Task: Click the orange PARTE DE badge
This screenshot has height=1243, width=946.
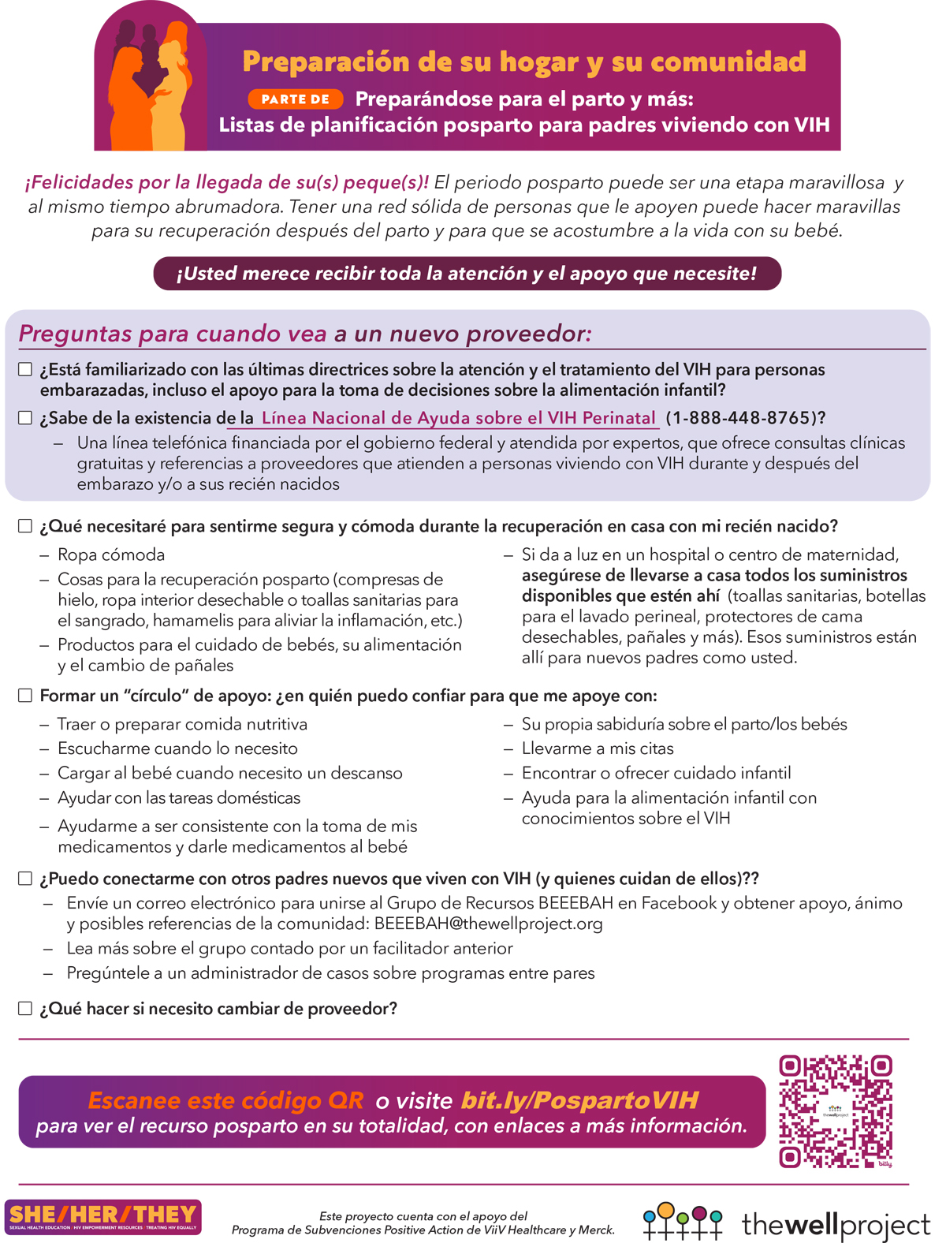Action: click(296, 99)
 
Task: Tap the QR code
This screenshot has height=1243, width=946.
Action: click(835, 1111)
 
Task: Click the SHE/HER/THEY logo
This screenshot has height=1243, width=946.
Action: click(102, 1217)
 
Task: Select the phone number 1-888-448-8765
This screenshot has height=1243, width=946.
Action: click(738, 418)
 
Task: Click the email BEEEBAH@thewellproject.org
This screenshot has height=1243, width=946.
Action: click(488, 924)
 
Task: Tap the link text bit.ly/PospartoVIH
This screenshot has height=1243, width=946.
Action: click(579, 1100)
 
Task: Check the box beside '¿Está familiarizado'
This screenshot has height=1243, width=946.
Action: click(25, 370)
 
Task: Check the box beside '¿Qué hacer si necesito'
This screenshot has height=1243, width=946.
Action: click(25, 1009)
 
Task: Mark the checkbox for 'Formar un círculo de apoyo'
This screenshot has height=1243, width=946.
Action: click(25, 696)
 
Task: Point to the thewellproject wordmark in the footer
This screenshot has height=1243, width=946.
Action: click(836, 1225)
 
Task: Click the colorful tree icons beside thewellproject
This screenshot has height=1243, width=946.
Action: click(683, 1222)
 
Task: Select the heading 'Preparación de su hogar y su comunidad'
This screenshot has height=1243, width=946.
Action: click(524, 62)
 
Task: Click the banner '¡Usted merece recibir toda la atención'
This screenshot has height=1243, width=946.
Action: click(467, 274)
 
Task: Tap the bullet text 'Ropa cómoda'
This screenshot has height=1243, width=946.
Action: click(111, 554)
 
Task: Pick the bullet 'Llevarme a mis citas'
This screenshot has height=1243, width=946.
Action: click(598, 748)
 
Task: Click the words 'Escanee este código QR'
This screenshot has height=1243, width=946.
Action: click(226, 1100)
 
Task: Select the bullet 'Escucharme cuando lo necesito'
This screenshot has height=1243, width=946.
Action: click(177, 748)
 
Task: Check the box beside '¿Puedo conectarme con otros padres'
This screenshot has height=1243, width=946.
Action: click(25, 879)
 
